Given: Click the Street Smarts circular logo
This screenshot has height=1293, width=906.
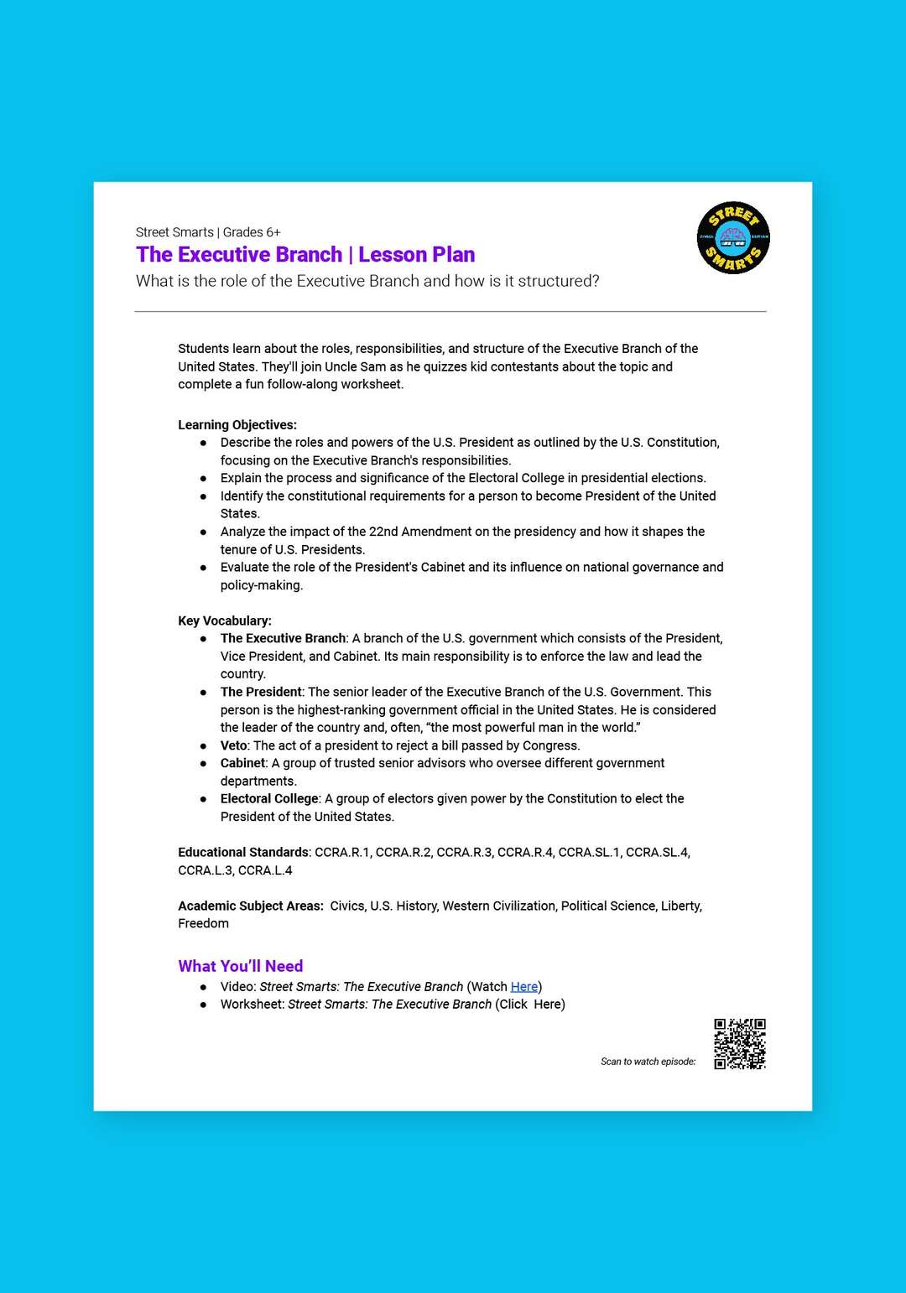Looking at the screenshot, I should click(x=733, y=238).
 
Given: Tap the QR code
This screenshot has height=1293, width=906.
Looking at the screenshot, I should click(x=740, y=1044).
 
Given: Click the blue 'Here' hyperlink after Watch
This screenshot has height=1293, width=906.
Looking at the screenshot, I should click(x=523, y=987).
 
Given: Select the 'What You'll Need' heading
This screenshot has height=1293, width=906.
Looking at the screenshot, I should click(x=240, y=966).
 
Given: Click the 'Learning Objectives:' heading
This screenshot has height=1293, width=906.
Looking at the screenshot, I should click(x=237, y=425).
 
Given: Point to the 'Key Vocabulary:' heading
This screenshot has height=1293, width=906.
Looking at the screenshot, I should click(x=225, y=621).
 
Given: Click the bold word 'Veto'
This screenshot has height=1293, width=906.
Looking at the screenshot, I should click(x=233, y=745).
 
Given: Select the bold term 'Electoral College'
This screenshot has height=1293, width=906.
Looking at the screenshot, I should click(x=269, y=799).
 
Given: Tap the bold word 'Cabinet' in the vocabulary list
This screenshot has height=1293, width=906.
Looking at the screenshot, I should click(x=242, y=763).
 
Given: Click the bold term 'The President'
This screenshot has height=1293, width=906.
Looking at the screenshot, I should click(x=261, y=692).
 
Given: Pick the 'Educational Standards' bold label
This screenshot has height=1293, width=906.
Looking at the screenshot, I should click(x=243, y=853).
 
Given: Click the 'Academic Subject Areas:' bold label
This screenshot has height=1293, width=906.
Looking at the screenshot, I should click(x=250, y=906).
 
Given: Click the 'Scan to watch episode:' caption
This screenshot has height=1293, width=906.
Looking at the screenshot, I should click(x=648, y=1062).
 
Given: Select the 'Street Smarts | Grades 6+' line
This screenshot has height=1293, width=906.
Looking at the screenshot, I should click(x=208, y=232).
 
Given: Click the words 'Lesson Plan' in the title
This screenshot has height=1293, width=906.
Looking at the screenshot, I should click(x=416, y=255).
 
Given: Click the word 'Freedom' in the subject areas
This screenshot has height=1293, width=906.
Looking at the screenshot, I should click(x=203, y=924).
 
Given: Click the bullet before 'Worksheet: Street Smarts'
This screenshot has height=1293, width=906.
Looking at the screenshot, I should click(x=203, y=1005).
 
